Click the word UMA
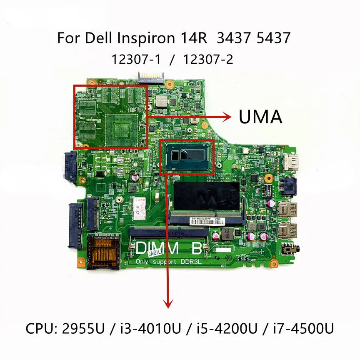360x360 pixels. pos(260,117)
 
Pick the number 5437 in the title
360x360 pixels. pos(272,38)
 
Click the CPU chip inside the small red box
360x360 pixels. pos(187,157)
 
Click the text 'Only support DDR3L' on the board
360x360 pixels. pos(167,261)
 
